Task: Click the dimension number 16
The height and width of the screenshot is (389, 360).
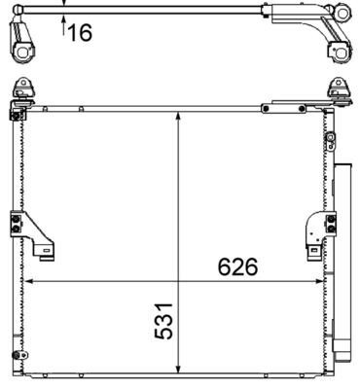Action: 80,33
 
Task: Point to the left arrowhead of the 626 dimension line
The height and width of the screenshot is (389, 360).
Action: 28,282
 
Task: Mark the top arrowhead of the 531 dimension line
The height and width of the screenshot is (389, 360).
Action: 178,115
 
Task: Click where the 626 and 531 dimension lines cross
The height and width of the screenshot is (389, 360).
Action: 178,282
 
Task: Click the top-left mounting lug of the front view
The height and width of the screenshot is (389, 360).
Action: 20,91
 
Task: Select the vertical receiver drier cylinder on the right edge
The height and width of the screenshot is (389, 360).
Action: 342,272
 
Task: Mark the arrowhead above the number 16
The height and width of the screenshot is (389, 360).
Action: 65,4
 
